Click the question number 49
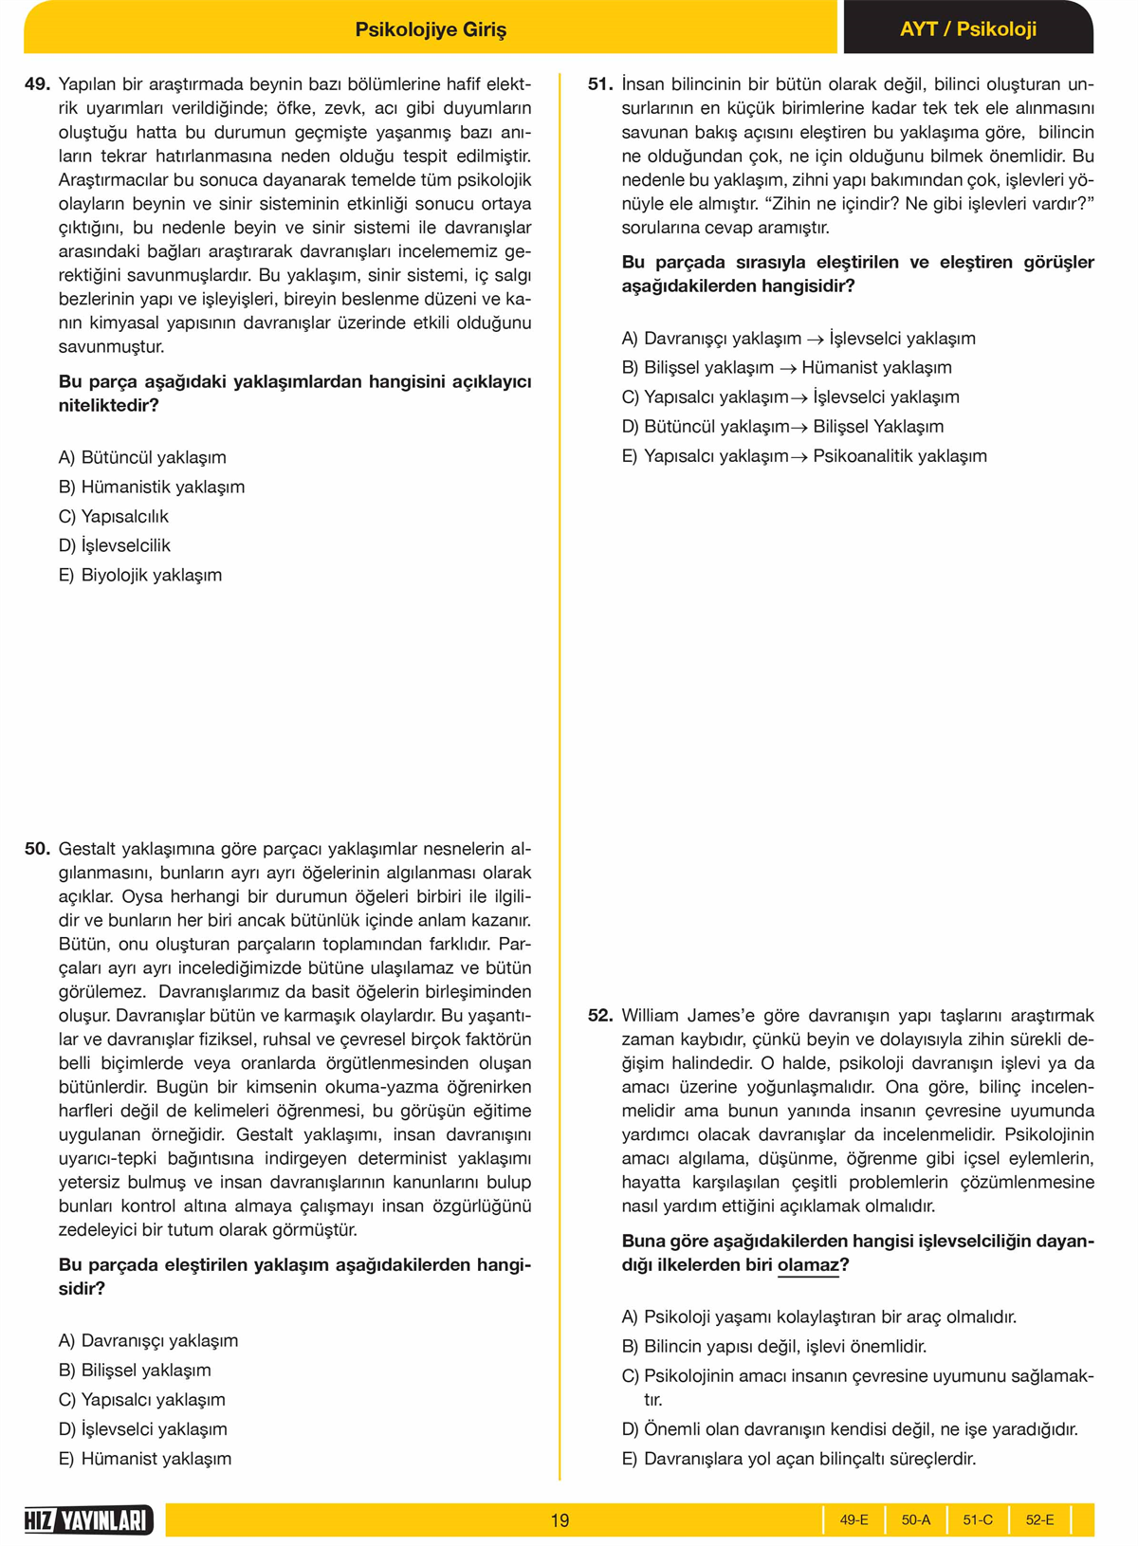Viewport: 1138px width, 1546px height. click(x=37, y=84)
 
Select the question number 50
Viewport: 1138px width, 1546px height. click(x=37, y=849)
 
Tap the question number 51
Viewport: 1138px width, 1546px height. click(x=600, y=84)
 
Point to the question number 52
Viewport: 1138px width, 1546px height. click(x=600, y=1016)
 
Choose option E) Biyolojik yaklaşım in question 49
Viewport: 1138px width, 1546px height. click(x=140, y=575)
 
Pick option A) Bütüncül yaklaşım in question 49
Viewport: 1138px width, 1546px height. click(x=142, y=457)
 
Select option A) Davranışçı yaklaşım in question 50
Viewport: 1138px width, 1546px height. click(x=148, y=1340)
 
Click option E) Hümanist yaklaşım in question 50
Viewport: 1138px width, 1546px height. click(x=145, y=1458)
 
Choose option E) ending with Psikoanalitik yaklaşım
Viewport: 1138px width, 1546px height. click(x=804, y=456)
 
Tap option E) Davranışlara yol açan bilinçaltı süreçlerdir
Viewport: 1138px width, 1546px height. click(x=798, y=1458)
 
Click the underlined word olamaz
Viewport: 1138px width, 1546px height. click(x=808, y=1265)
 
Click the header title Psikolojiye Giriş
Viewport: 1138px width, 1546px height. click(x=431, y=29)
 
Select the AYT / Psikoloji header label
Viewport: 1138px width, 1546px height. click(x=967, y=29)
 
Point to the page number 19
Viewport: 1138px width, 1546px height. click(x=560, y=1520)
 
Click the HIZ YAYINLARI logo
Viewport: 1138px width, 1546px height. click(x=88, y=1520)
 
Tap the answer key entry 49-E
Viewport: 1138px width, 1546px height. click(x=853, y=1520)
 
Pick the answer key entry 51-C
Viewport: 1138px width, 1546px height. click(x=978, y=1520)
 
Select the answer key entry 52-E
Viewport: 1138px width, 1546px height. click(x=1039, y=1520)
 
